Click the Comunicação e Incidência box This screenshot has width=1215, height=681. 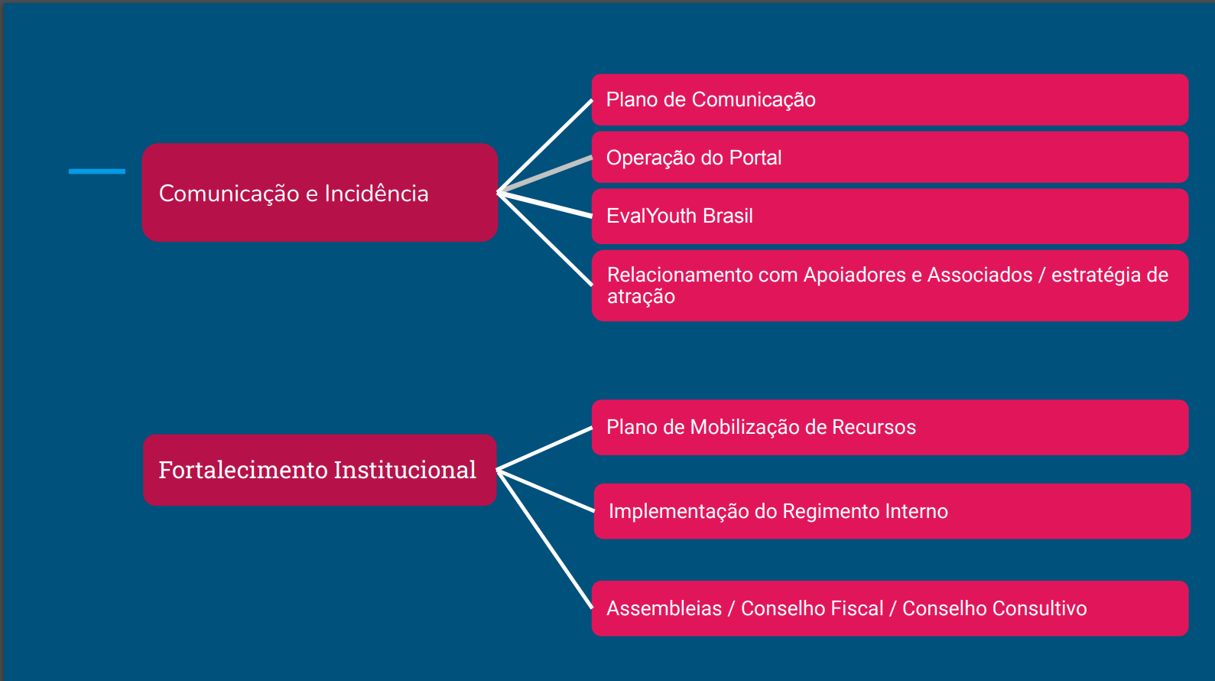pyautogui.click(x=320, y=193)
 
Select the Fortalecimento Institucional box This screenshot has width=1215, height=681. pyautogui.click(x=320, y=470)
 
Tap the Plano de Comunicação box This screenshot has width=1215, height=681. pyautogui.click(x=890, y=99)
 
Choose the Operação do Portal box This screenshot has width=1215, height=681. pyautogui.click(x=890, y=158)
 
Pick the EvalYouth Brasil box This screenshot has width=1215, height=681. pyautogui.click(x=890, y=216)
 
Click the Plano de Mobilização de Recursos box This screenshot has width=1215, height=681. pyautogui.click(x=890, y=428)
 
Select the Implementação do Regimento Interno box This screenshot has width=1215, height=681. pyautogui.click(x=892, y=511)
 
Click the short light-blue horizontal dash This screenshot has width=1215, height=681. pyautogui.click(x=97, y=171)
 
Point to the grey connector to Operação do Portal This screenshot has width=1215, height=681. pyautogui.click(x=545, y=174)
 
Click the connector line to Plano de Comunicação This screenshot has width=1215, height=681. pyautogui.click(x=545, y=145)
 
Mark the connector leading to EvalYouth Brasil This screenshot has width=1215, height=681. pyautogui.click(x=545, y=204)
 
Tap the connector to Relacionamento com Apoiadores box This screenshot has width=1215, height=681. pyautogui.click(x=545, y=239)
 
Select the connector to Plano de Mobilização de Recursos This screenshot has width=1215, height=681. pyautogui.click(x=545, y=448)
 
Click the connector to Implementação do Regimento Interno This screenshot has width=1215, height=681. pyautogui.click(x=546, y=490)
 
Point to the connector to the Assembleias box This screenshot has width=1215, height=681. pyautogui.click(x=545, y=539)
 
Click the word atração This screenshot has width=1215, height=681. pyautogui.click(x=641, y=297)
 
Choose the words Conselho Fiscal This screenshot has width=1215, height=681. pyautogui.click(x=812, y=608)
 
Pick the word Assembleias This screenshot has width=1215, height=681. pyautogui.click(x=664, y=608)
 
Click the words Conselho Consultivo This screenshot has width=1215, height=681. pyautogui.click(x=995, y=608)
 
